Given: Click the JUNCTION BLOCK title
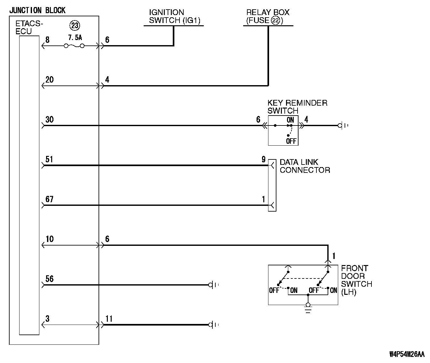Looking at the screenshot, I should [x=37, y=10].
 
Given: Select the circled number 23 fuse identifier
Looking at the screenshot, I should [x=75, y=26].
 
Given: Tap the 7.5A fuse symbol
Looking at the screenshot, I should [x=74, y=46].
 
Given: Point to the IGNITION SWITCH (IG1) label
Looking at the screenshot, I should [x=173, y=17].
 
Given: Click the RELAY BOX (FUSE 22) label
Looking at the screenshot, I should [x=268, y=17].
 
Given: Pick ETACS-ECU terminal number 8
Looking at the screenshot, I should [x=47, y=40].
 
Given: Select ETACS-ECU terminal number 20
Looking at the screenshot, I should [x=50, y=79].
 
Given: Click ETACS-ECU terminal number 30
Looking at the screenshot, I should [x=50, y=119].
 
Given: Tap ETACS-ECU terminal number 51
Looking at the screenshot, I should [x=49, y=159].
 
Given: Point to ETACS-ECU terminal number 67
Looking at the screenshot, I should [x=49, y=199].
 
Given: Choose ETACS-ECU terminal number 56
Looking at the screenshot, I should [x=50, y=279].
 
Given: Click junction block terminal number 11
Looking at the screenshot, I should [x=109, y=319].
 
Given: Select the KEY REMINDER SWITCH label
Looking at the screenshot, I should [x=297, y=107].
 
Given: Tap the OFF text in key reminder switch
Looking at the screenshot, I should [x=291, y=141].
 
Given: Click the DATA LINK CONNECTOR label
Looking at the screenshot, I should [x=305, y=166].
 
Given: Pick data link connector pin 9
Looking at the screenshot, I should [x=264, y=159].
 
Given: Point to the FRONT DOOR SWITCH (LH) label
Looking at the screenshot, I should [x=356, y=280].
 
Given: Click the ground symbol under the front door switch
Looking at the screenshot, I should [x=308, y=308].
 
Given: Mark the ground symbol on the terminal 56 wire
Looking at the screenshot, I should [x=213, y=285].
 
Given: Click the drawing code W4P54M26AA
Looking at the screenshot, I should [x=407, y=354].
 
